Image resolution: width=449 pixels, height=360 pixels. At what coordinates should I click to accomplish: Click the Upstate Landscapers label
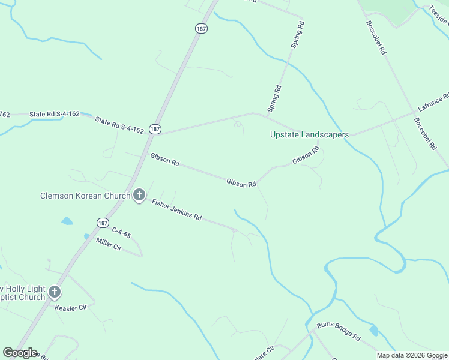click(309, 135)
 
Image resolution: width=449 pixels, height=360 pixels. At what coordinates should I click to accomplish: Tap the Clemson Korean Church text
click(85, 196)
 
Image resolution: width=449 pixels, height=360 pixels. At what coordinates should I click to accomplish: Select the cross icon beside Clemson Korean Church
click(139, 195)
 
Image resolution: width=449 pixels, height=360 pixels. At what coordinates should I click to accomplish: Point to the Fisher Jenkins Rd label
click(176, 209)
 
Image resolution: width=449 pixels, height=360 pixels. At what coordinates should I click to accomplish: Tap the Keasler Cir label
click(71, 308)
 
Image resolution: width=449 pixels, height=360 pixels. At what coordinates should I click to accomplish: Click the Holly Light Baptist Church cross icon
click(55, 293)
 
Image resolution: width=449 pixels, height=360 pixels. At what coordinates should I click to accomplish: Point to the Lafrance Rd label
click(433, 103)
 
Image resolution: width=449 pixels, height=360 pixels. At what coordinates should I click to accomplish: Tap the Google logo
click(20, 353)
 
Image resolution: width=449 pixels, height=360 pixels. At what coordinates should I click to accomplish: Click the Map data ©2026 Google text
click(412, 355)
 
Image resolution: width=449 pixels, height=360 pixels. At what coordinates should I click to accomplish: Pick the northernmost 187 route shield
click(200, 28)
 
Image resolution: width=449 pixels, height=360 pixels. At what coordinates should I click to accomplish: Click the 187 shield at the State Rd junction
click(155, 129)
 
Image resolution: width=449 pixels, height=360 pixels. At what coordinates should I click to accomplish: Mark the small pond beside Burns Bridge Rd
click(375, 330)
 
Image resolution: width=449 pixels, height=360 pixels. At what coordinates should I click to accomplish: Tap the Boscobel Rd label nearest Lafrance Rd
click(425, 133)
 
